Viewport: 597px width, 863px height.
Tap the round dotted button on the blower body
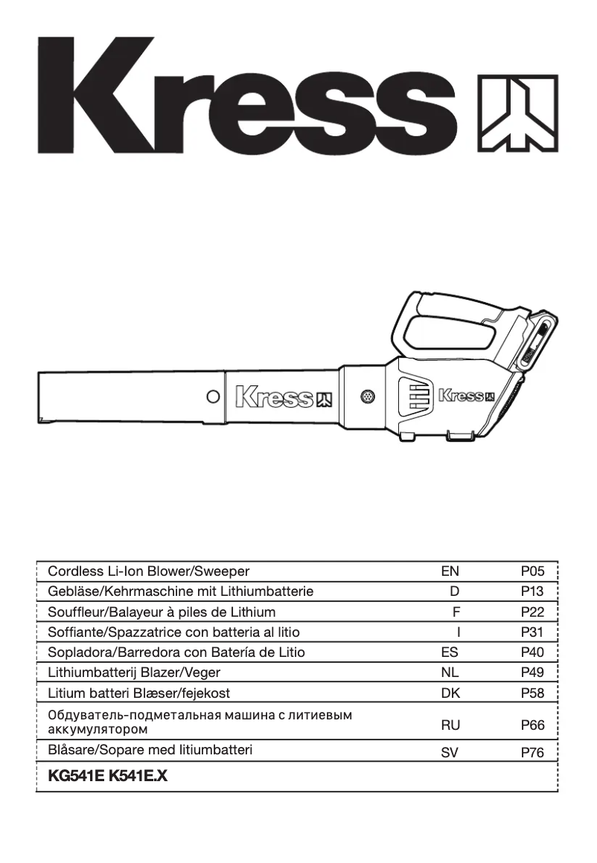coord(366,397)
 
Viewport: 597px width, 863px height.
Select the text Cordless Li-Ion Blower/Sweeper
coord(149,571)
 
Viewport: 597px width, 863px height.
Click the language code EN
coord(450,571)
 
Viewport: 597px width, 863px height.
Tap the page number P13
coord(533,591)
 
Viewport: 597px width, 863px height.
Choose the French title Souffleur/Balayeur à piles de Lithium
coord(162,612)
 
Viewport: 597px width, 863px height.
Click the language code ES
coord(450,652)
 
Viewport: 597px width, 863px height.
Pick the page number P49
coord(533,673)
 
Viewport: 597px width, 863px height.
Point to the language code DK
coord(450,693)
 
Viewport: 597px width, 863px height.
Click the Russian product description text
coord(199,722)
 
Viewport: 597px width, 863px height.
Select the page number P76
coord(533,752)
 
